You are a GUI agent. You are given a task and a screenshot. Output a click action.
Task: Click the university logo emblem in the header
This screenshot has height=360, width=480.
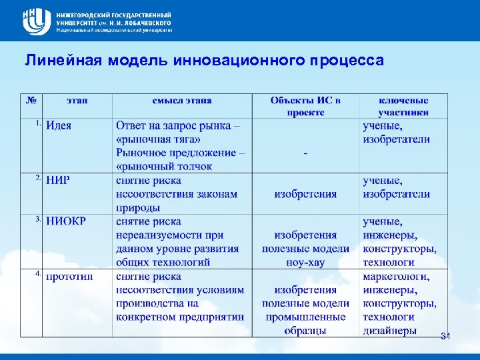(35, 21)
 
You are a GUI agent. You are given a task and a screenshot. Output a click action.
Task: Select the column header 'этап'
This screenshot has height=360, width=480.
(77, 100)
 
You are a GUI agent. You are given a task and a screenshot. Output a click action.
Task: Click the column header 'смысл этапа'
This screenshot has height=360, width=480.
(182, 100)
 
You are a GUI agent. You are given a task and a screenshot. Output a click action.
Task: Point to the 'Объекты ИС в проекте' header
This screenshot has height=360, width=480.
(305, 106)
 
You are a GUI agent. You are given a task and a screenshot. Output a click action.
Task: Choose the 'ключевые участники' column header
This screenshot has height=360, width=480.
(403, 106)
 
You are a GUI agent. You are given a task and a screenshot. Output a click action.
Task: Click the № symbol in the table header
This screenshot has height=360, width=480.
(31, 100)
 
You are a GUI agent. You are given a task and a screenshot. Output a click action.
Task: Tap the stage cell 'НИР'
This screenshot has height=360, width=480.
(58, 180)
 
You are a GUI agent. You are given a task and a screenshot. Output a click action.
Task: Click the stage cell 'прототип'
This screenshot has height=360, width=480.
(69, 276)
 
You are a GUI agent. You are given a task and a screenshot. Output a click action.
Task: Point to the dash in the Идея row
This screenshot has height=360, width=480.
(305, 153)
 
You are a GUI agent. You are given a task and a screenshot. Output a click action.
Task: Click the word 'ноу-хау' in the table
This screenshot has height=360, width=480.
(305, 263)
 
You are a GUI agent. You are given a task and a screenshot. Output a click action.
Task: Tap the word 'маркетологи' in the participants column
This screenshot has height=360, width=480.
(396, 276)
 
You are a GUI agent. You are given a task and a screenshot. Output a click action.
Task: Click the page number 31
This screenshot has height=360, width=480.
(445, 337)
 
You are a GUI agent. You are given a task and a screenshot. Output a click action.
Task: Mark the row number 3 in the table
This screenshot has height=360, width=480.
(38, 219)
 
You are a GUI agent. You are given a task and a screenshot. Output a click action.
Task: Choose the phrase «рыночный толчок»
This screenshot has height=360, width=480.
(164, 166)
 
